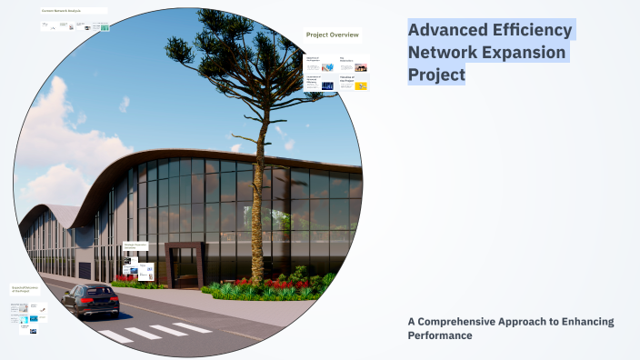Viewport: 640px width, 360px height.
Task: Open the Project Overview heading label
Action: (332, 35)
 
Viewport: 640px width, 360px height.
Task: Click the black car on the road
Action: (90, 299)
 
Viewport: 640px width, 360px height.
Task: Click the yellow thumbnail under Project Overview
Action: (361, 86)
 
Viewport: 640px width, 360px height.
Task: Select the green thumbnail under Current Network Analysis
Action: (105, 28)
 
